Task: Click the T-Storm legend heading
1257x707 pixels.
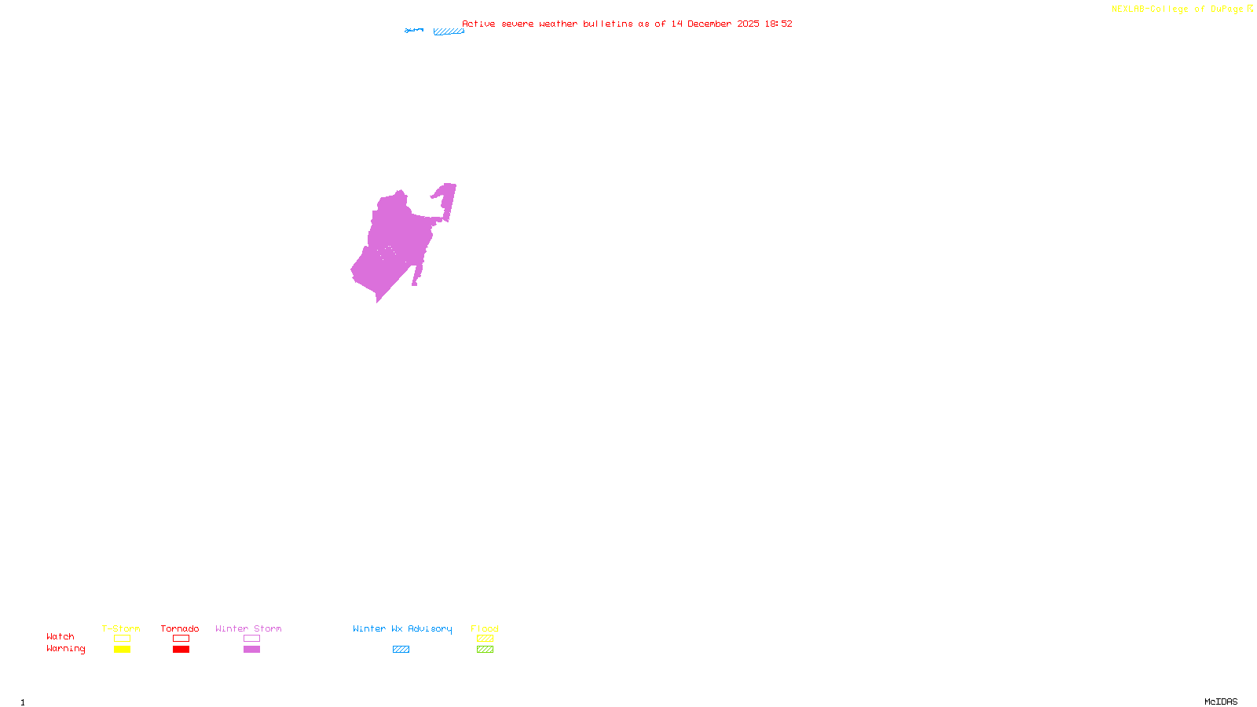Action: tap(121, 628)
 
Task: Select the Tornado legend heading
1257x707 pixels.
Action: tap(180, 628)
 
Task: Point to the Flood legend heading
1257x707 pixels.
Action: tap(485, 628)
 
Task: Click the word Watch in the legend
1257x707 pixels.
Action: tap(60, 636)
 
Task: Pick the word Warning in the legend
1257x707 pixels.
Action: tap(66, 649)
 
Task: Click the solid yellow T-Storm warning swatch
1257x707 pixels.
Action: tap(122, 650)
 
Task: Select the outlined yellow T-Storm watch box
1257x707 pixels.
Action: tap(122, 639)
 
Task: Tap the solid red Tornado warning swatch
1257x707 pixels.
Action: tap(181, 650)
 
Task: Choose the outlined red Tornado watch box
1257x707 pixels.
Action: tap(181, 639)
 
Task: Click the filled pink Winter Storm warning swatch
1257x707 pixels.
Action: tap(251, 650)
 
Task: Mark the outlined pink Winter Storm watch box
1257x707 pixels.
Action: tap(251, 639)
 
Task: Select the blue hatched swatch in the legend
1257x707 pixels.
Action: tap(401, 650)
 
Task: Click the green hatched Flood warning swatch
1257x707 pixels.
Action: tap(486, 650)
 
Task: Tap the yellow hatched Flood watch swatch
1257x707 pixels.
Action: tap(486, 639)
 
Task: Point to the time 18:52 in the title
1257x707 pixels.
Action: tap(779, 24)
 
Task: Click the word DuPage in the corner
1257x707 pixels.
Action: tap(1226, 9)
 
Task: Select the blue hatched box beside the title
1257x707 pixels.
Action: tap(449, 31)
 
